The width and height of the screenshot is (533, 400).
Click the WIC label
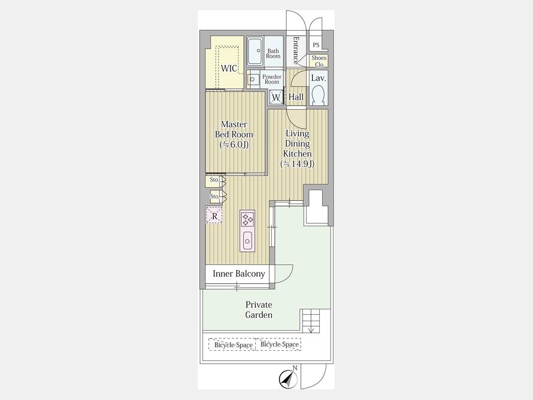click(229, 68)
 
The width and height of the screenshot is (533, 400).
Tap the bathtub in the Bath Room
click(255, 52)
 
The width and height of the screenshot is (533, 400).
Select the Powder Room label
click(272, 79)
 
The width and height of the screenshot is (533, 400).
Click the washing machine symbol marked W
click(276, 97)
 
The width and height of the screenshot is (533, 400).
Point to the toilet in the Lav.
click(319, 95)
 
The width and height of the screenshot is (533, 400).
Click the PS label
click(316, 45)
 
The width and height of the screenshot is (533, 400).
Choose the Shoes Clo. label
click(319, 61)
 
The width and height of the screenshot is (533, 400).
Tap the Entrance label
click(296, 50)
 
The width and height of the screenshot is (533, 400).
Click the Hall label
click(296, 97)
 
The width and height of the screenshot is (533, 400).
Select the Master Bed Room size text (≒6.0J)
click(234, 145)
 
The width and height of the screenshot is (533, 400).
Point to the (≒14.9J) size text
click(297, 164)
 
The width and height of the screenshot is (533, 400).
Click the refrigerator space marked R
click(214, 215)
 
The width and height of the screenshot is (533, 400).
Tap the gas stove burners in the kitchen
click(247, 219)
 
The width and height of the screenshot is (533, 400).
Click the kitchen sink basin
click(247, 241)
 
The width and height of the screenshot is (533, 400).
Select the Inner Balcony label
click(239, 274)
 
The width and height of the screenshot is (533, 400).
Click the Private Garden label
click(259, 309)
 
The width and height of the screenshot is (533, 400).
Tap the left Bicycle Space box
click(232, 344)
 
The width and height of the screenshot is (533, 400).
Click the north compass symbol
click(288, 378)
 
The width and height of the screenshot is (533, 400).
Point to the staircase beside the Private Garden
click(311, 321)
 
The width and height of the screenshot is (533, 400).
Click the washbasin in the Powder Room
click(252, 79)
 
